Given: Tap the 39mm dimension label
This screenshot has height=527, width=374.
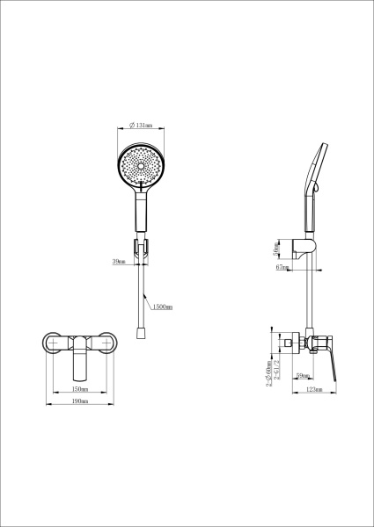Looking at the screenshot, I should tap(119, 261).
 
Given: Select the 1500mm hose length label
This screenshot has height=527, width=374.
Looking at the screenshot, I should tap(162, 307).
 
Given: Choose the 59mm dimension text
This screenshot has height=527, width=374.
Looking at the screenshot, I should tap(302, 376).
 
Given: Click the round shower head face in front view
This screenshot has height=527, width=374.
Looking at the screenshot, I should tap(141, 168).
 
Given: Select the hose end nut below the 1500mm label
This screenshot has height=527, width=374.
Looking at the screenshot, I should tap(141, 334).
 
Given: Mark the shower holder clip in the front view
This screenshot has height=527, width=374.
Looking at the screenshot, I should tap(141, 245).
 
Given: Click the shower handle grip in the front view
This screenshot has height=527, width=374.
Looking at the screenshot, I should tap(141, 211).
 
